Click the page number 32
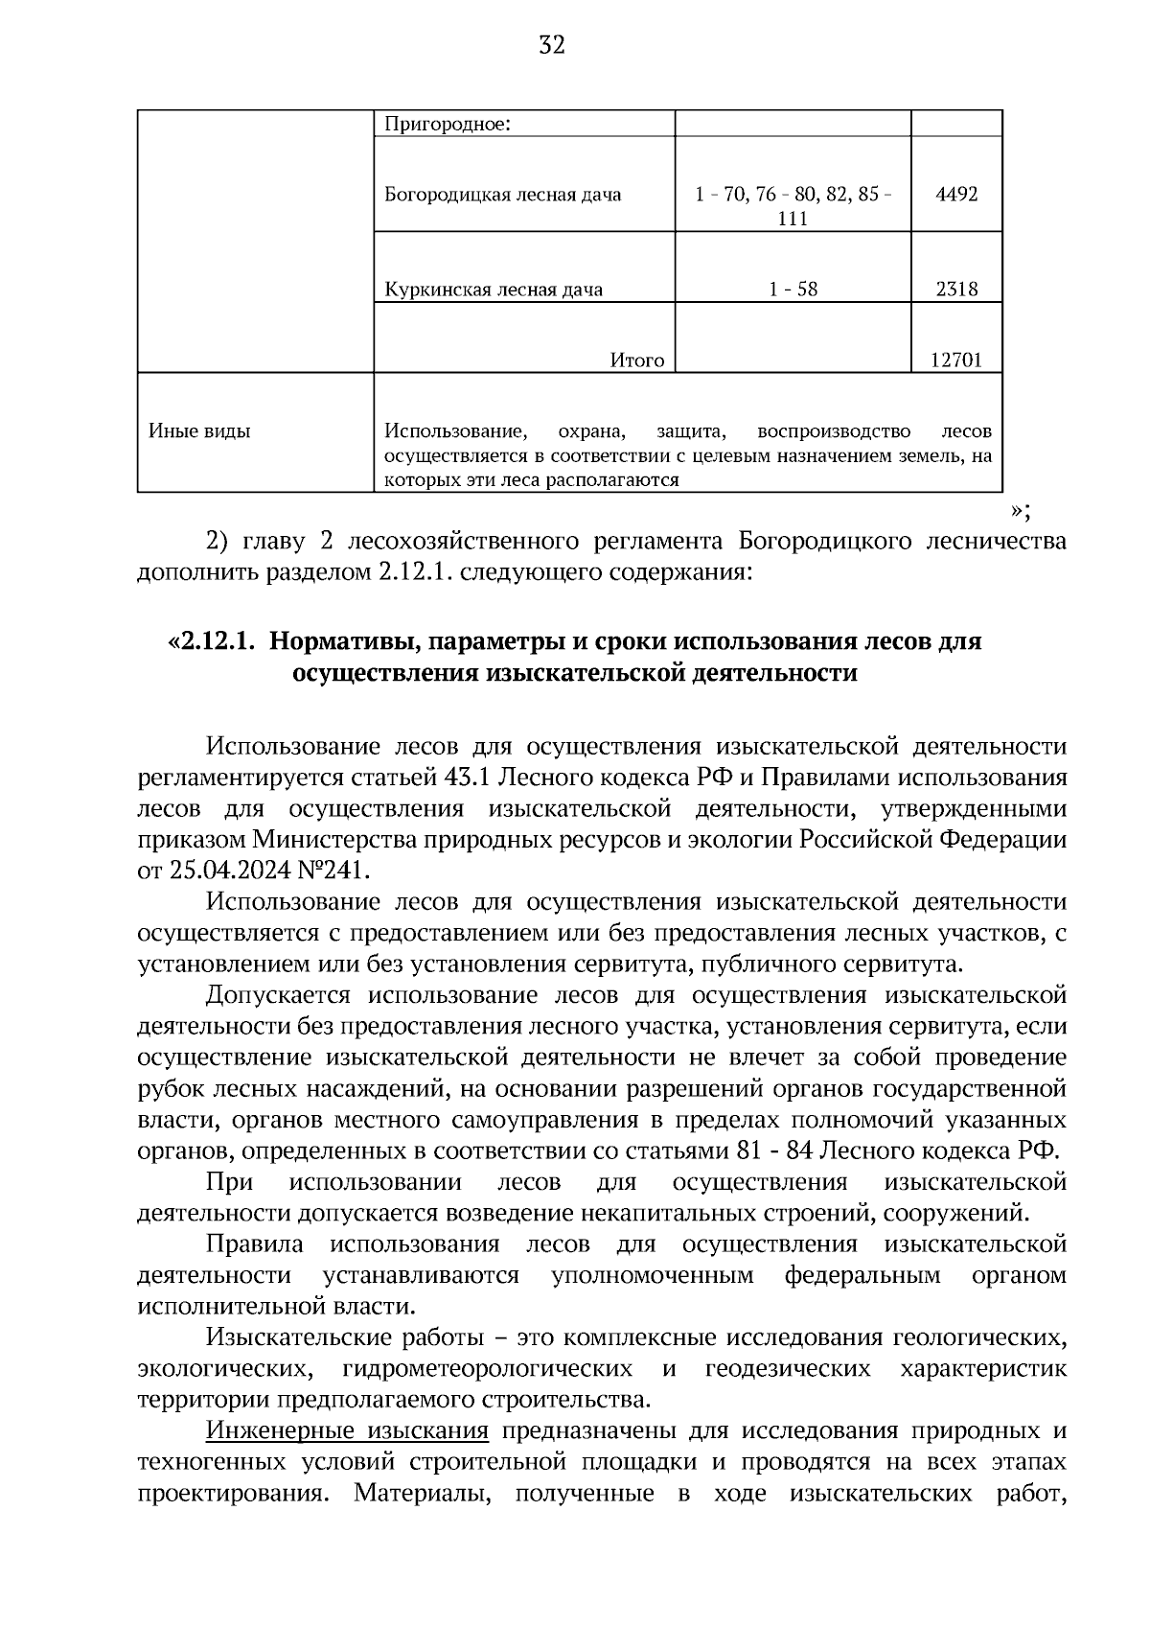552,45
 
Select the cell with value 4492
956,195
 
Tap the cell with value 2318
956,289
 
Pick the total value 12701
956,360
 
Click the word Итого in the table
637,360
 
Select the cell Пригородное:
448,124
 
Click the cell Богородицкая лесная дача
502,195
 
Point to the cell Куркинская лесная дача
494,289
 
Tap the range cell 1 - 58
793,289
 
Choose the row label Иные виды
199,431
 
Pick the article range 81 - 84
773,1151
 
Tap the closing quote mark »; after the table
1021,508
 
